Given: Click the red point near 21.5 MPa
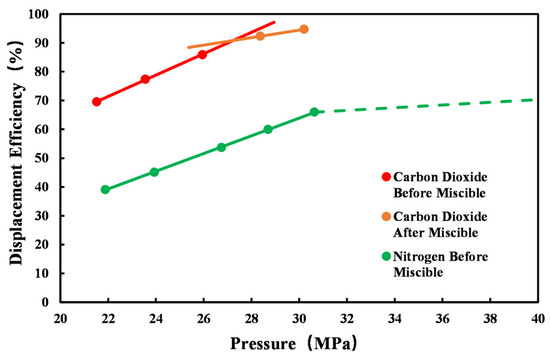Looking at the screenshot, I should click(96, 102).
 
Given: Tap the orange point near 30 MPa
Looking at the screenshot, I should click(304, 29).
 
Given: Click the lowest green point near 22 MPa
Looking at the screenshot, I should click(105, 189).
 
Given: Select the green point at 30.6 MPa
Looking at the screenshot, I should click(314, 112).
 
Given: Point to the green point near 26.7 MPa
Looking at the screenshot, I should click(221, 147).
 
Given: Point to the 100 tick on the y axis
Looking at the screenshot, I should click(40, 15).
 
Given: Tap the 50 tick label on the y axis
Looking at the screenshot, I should click(43, 158).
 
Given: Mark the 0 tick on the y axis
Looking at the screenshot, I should click(47, 301).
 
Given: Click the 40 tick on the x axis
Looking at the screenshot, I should click(537, 319).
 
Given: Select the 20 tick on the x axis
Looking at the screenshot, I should click(61, 319).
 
